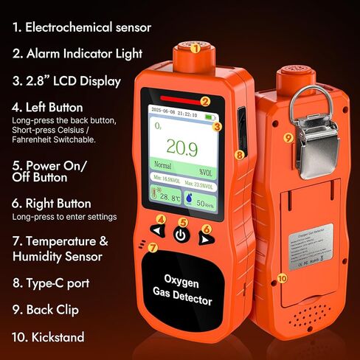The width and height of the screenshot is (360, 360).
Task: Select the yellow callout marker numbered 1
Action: tap(195, 49)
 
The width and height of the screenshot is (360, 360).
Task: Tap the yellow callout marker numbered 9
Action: tap(288, 137)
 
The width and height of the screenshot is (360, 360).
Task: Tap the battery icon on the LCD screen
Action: tap(212, 117)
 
